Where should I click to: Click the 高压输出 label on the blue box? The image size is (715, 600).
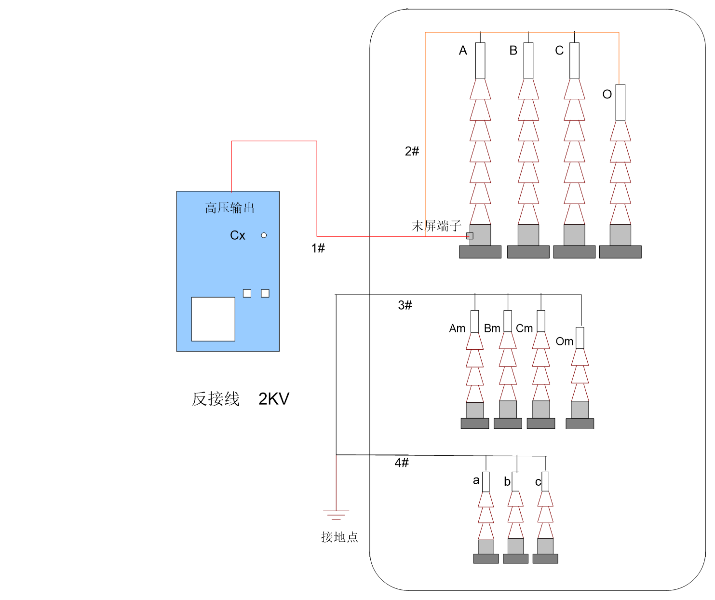[229, 208]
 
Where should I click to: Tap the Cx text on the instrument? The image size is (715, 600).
[238, 235]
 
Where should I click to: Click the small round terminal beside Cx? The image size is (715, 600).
[264, 235]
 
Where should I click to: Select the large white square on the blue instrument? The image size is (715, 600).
[213, 319]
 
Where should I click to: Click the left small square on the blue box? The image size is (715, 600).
[247, 293]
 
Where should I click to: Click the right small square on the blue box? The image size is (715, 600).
[265, 293]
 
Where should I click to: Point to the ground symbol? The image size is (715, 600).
[336, 513]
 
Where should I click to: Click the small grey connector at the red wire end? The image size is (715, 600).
[470, 236]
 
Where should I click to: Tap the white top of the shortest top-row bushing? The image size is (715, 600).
[621, 102]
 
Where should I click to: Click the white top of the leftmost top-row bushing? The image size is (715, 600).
[480, 60]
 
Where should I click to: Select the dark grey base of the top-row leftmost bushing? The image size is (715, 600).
[480, 252]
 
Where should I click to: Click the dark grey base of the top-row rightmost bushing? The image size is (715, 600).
[621, 252]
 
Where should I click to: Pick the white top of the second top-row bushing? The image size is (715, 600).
[528, 60]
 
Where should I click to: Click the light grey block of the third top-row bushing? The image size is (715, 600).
[574, 235]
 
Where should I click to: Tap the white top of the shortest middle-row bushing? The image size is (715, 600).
[580, 338]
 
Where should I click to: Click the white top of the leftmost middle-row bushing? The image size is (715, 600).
[475, 321]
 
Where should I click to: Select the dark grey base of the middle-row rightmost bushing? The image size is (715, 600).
[580, 423]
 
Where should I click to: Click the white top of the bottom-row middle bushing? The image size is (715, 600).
[515, 481]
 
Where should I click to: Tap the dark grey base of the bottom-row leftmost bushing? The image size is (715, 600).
[486, 559]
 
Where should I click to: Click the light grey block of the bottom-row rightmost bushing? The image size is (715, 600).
[545, 546]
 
